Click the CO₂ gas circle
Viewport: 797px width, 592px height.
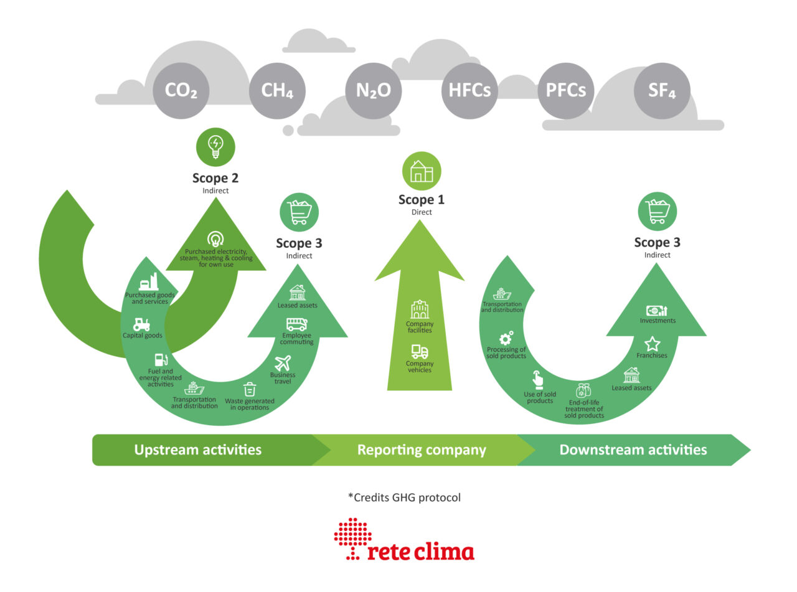[181, 91]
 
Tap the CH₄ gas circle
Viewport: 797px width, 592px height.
[277, 91]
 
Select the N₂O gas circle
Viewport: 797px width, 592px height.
[373, 91]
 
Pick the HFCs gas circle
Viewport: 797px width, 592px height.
[469, 91]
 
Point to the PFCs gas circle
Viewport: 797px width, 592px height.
[565, 91]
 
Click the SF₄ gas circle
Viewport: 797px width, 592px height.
[661, 91]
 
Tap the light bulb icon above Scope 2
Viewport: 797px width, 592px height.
[215, 148]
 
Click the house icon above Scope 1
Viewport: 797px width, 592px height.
[422, 171]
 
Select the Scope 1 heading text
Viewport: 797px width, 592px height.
[422, 200]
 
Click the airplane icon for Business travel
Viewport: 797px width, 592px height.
[283, 363]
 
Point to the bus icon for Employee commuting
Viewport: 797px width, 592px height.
[296, 324]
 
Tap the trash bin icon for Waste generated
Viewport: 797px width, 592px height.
[249, 390]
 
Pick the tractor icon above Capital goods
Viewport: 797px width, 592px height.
[141, 324]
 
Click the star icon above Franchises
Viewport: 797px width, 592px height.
[652, 344]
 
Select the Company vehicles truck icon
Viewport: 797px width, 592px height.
[420, 352]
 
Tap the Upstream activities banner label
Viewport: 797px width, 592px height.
[198, 449]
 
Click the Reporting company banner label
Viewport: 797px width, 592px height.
[422, 449]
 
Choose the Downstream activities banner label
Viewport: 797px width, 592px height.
[633, 449]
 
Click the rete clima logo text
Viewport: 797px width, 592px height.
[420, 552]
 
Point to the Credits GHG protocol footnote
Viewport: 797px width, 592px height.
[404, 497]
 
